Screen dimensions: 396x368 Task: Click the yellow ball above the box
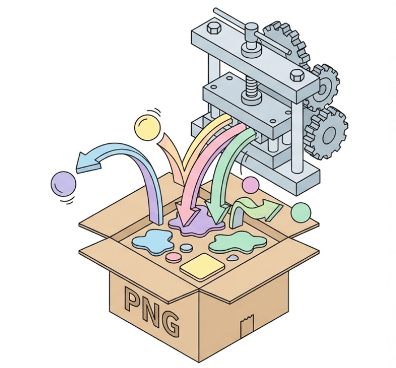pos(147,127)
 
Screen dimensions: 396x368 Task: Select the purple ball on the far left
pos(63,184)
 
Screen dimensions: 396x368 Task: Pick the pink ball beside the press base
pos(251,185)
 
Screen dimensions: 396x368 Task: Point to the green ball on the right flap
pos(301,212)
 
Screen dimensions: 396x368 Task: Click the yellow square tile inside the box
pos(203,267)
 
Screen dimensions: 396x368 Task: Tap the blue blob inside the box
pos(152,242)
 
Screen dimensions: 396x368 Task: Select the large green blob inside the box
pos(238,243)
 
